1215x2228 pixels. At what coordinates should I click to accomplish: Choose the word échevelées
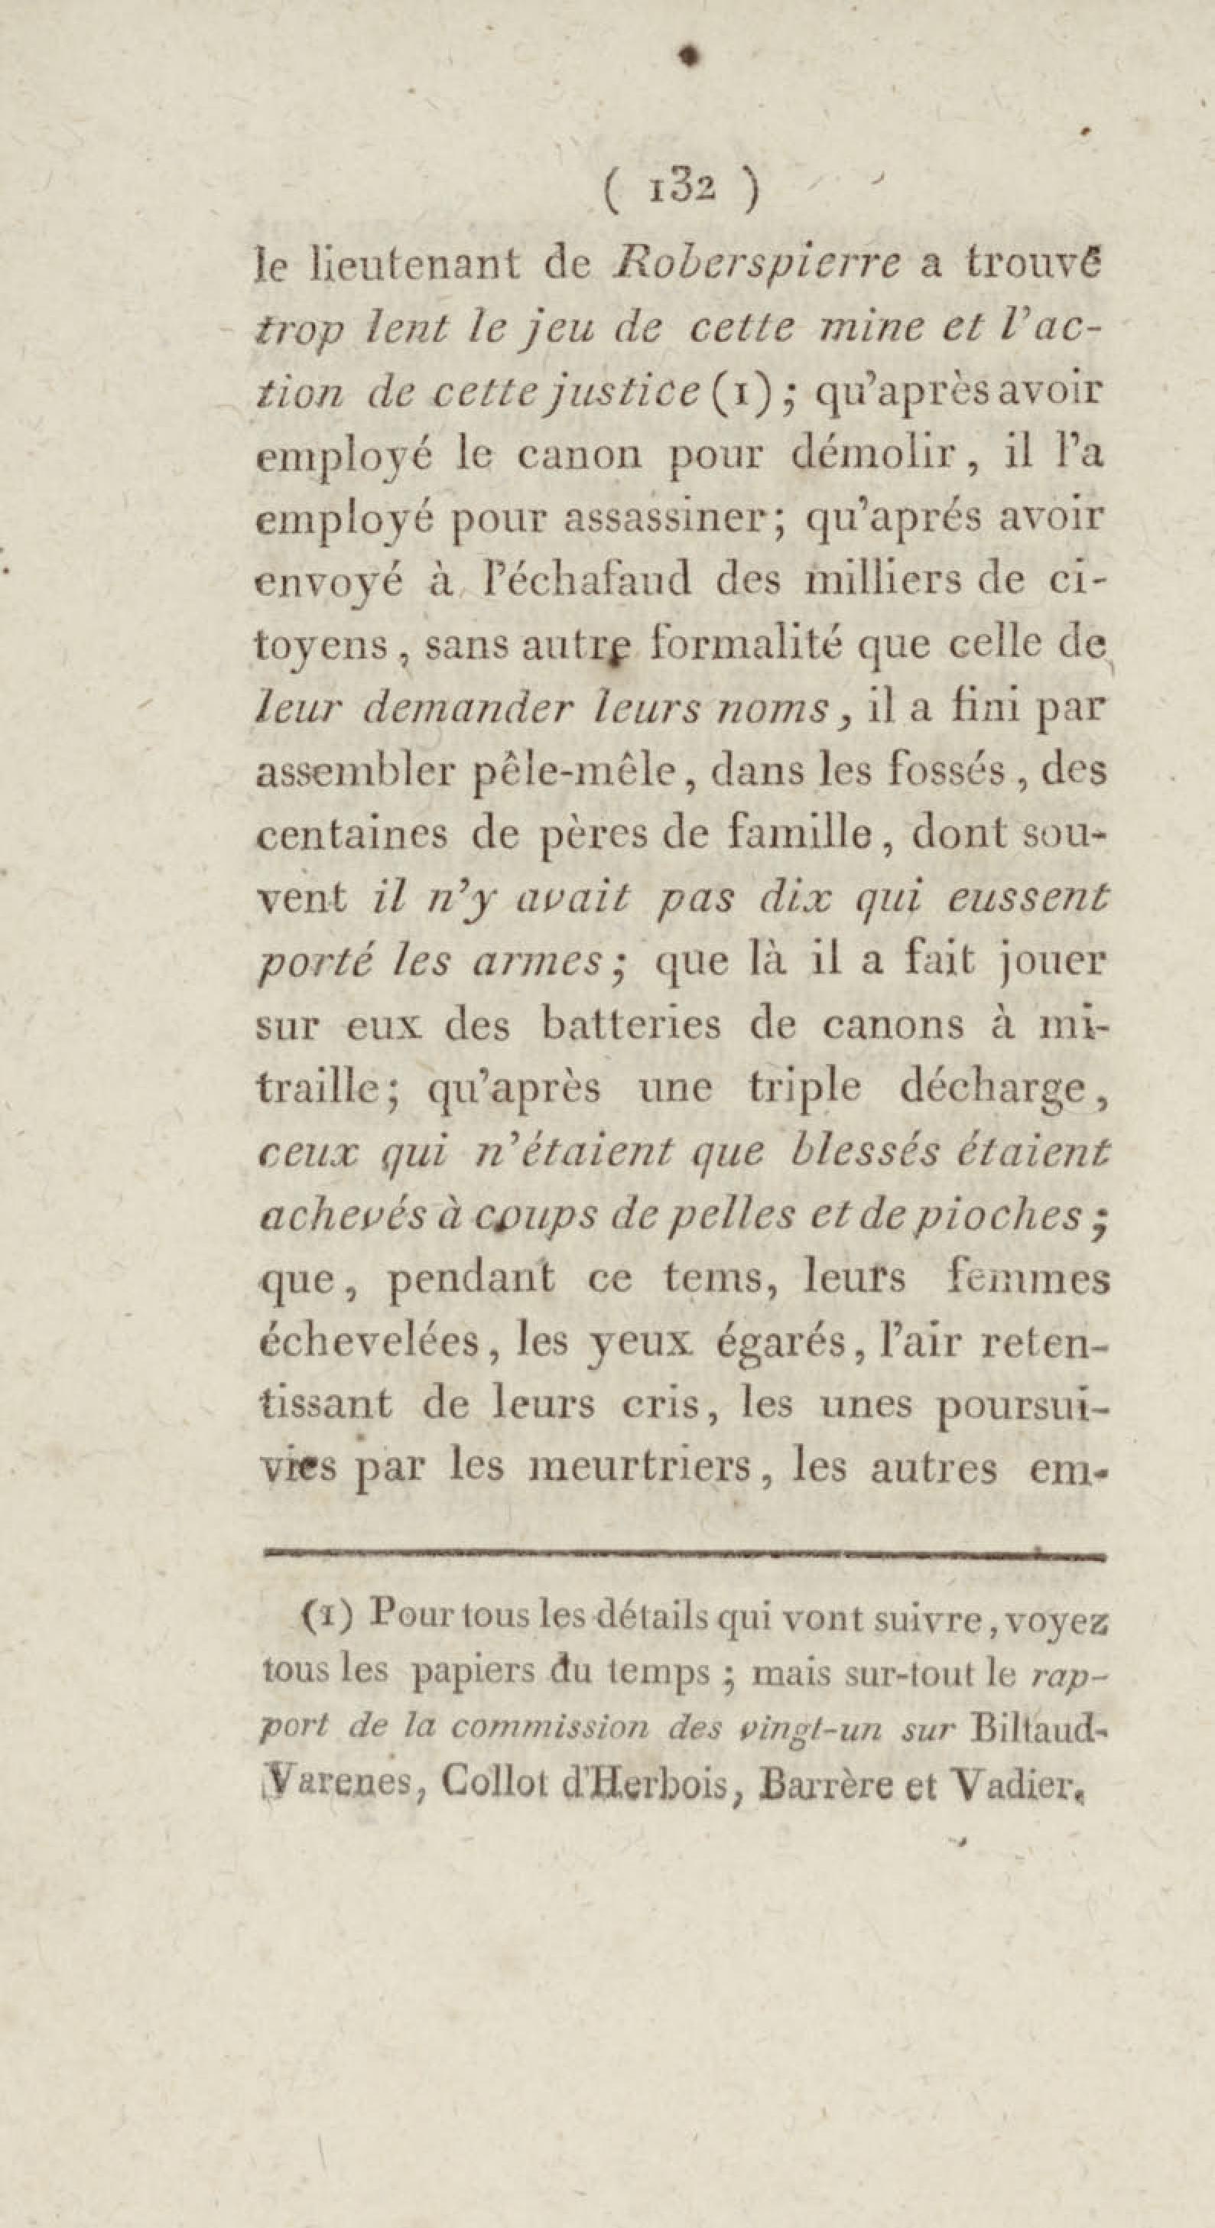(x=381, y=1342)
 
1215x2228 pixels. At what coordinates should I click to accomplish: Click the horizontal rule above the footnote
(x=682, y=1556)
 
